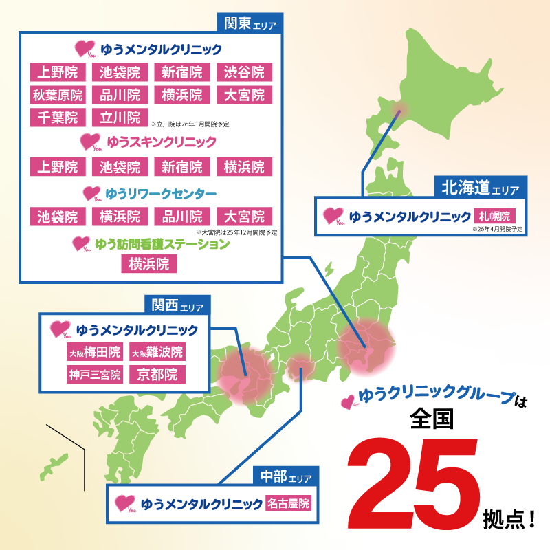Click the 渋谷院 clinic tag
pos(244,71)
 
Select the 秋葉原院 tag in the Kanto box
pos(57,94)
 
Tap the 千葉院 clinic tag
pos(57,117)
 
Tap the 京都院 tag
pos(157,375)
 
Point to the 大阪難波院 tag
pos(157,353)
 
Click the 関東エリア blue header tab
pos(250,23)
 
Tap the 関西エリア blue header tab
pos(177,305)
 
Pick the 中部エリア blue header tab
pos(285,476)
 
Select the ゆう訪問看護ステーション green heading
pos(171,243)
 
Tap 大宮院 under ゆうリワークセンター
pos(244,216)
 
